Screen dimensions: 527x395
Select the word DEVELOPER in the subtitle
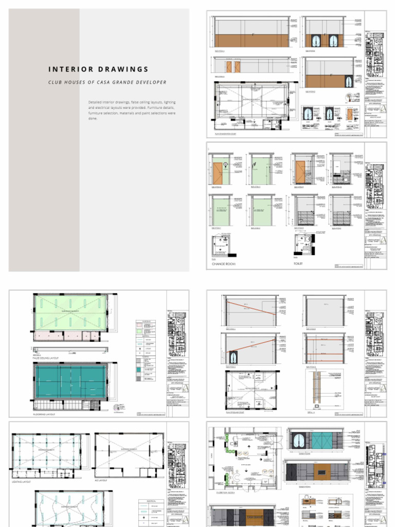click(x=149, y=82)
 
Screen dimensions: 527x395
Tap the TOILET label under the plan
click(x=298, y=263)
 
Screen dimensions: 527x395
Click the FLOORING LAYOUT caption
click(x=45, y=414)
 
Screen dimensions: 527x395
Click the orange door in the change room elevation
click(x=218, y=173)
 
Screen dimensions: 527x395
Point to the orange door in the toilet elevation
click(x=300, y=172)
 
